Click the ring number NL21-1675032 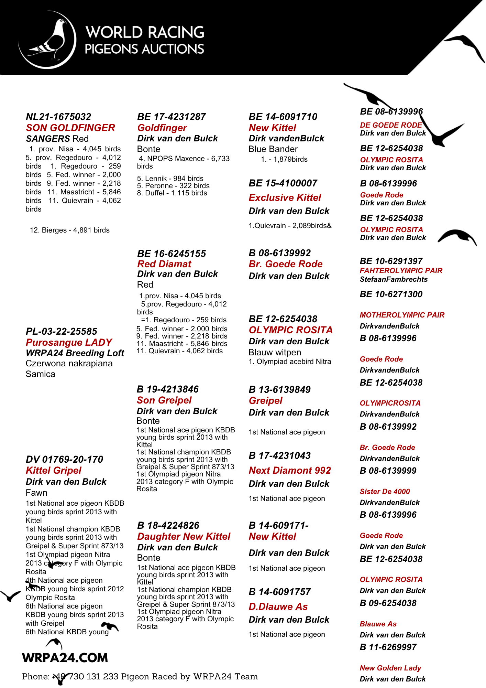click(58, 117)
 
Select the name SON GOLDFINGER click(70, 128)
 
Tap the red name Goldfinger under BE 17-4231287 click(162, 128)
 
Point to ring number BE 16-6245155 click(172, 254)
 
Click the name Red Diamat click(164, 264)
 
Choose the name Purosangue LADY click(69, 343)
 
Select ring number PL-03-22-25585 click(62, 332)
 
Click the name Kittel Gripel click(54, 471)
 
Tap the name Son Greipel click(164, 400)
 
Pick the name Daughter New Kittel click(184, 537)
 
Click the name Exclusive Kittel click(285, 198)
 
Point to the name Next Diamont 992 click(290, 471)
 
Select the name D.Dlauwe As click(278, 607)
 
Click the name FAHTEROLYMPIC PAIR click(401, 271)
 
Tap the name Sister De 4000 click(385, 492)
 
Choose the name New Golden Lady click(390, 668)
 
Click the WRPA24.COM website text click(65, 658)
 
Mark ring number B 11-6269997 click(388, 647)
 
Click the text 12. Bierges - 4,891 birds click(70, 230)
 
